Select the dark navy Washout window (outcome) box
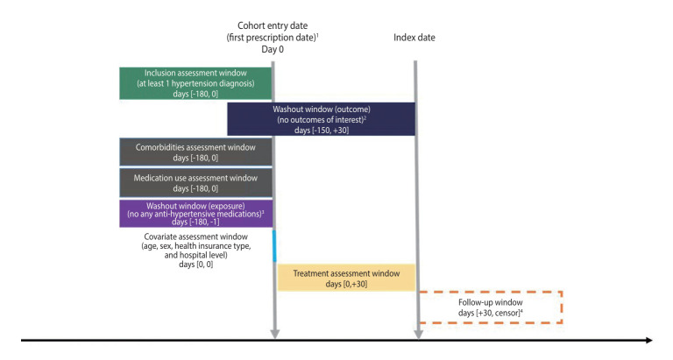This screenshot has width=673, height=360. tap(321, 118)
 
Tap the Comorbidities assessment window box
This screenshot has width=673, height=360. tap(196, 152)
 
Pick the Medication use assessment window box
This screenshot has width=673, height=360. tap(196, 183)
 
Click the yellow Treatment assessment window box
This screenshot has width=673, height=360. tap(345, 277)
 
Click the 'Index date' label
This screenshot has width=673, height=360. tap(414, 38)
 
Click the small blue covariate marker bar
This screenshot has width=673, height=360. tap(274, 245)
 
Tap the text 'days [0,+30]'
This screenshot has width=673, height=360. tap(345, 284)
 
